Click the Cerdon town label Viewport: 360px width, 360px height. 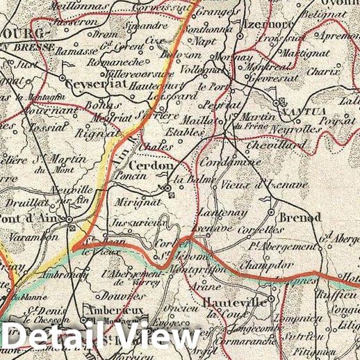(x=149, y=167)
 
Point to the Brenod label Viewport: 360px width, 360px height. (x=300, y=218)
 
